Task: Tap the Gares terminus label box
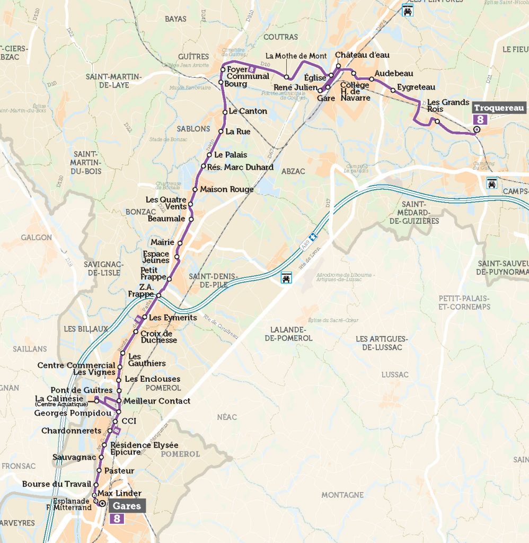[127, 506]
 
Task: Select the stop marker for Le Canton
[225, 112]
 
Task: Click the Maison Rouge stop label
[226, 189]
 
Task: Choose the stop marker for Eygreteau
[393, 90]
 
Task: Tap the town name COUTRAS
[280, 37]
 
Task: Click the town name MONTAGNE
[342, 495]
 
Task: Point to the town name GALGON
[36, 238]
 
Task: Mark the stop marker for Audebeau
[372, 79]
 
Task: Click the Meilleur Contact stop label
[156, 401]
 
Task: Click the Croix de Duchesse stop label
[158, 337]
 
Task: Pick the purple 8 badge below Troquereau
[480, 119]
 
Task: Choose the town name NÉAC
[227, 417]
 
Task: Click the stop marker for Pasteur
[99, 471]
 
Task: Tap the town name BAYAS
[175, 19]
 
